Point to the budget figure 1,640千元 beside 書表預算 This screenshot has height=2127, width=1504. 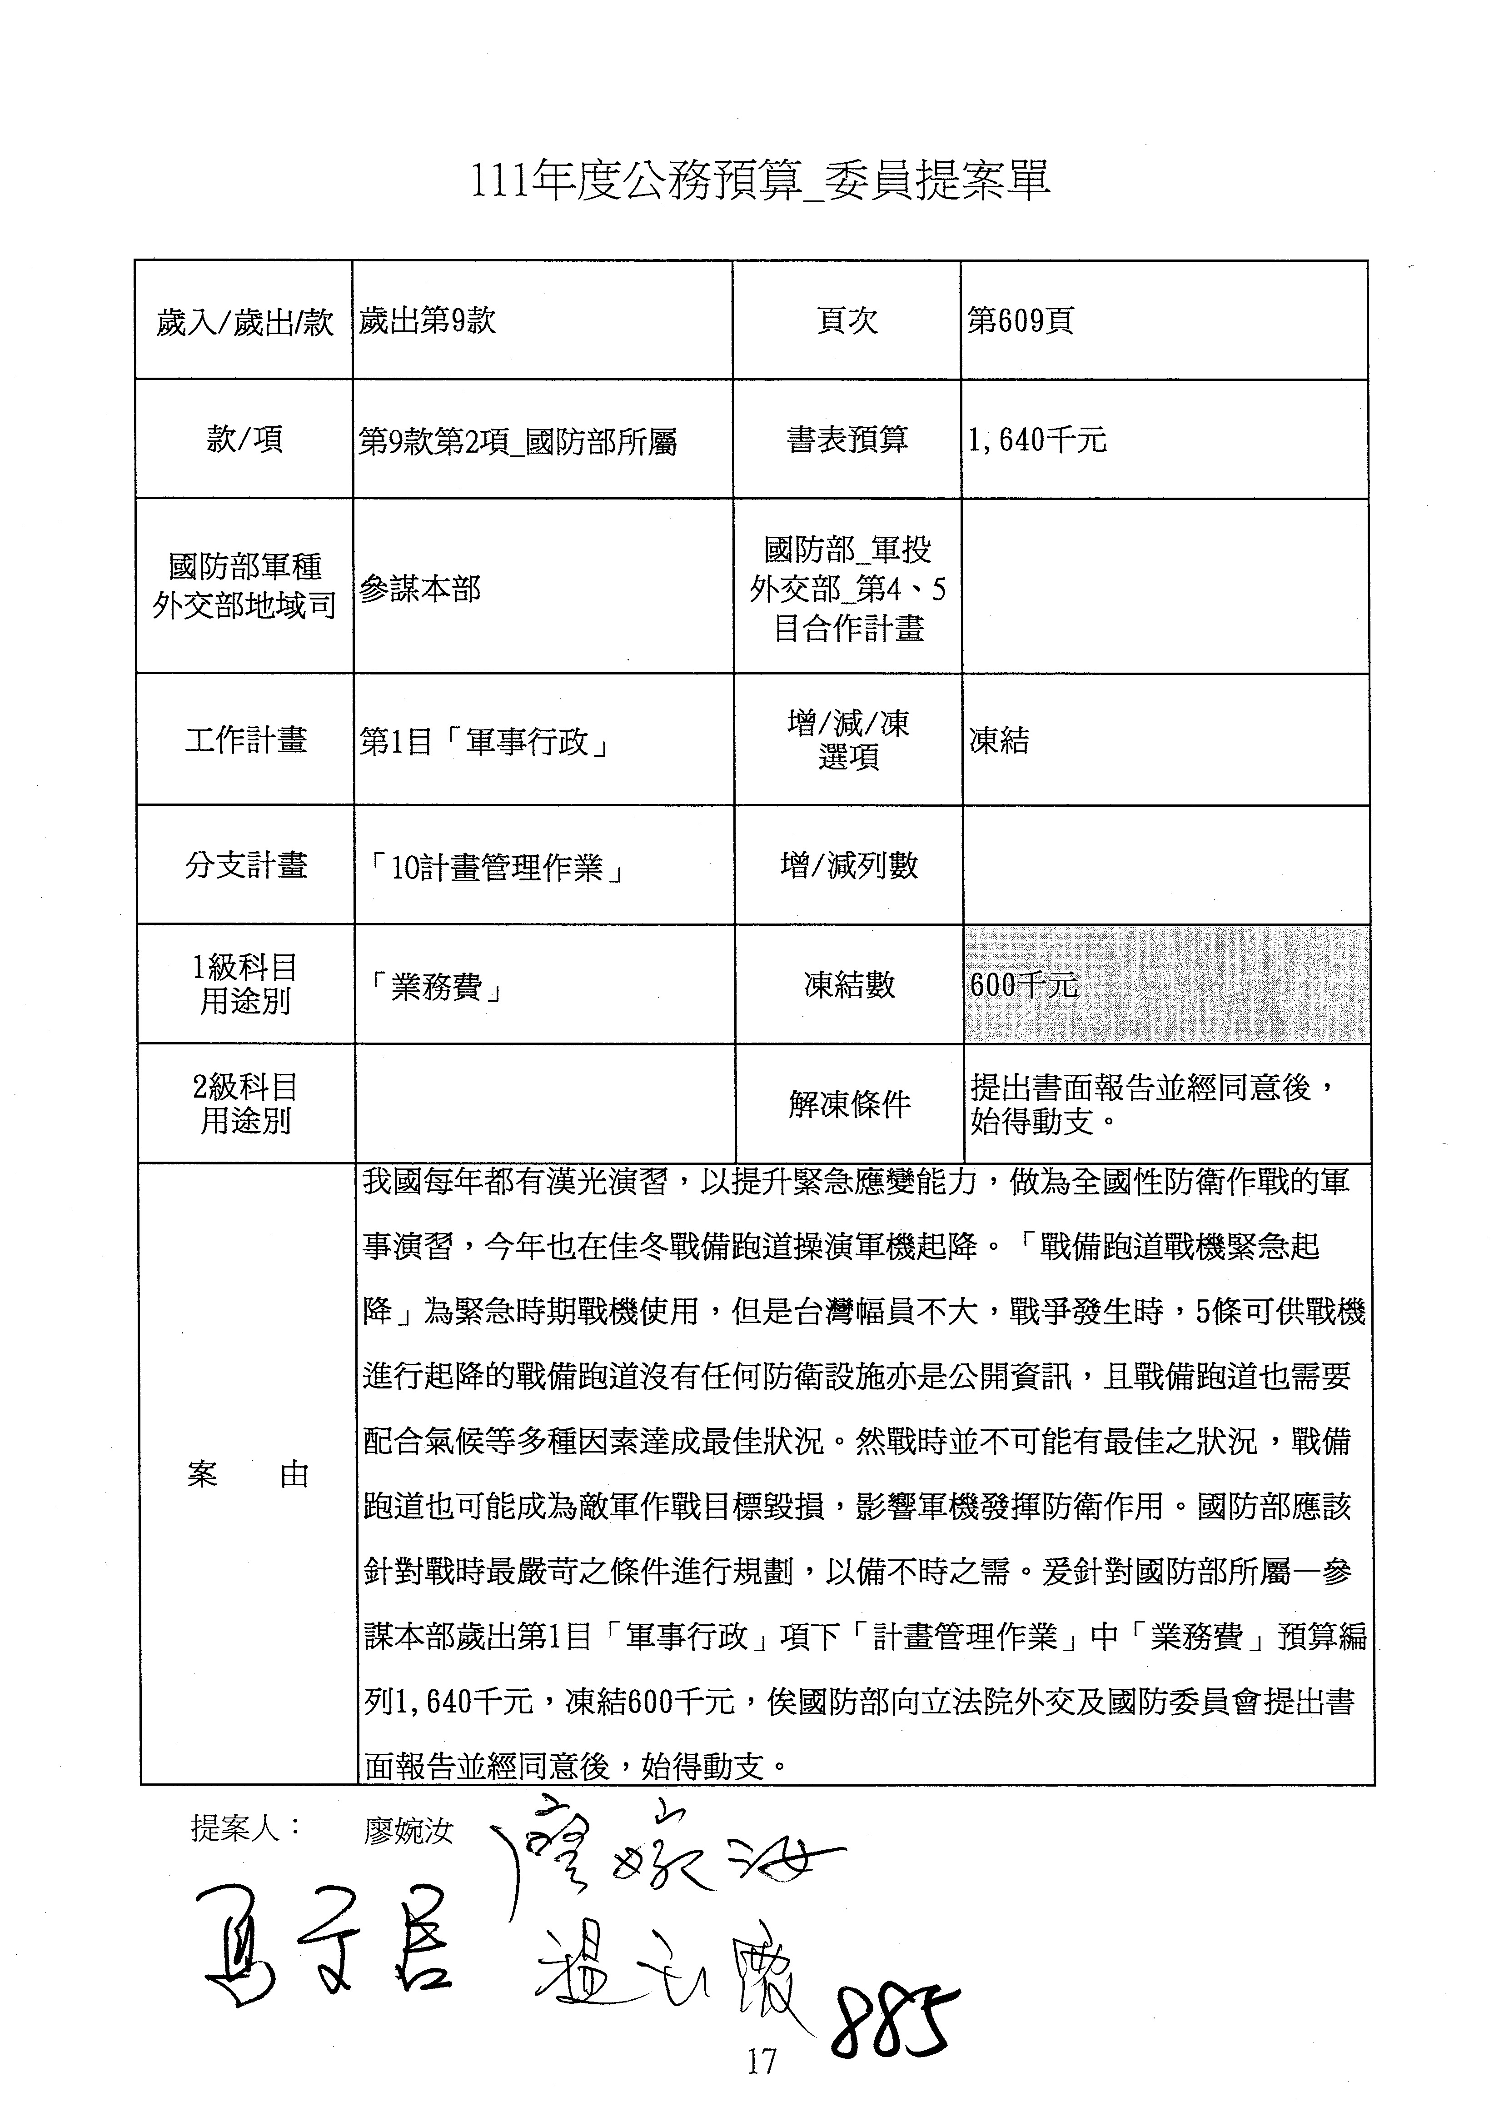click(x=1037, y=439)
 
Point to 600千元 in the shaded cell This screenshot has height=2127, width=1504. click(x=1023, y=985)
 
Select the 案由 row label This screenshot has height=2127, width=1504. click(x=247, y=1474)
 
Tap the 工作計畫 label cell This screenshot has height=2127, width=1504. click(x=245, y=740)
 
